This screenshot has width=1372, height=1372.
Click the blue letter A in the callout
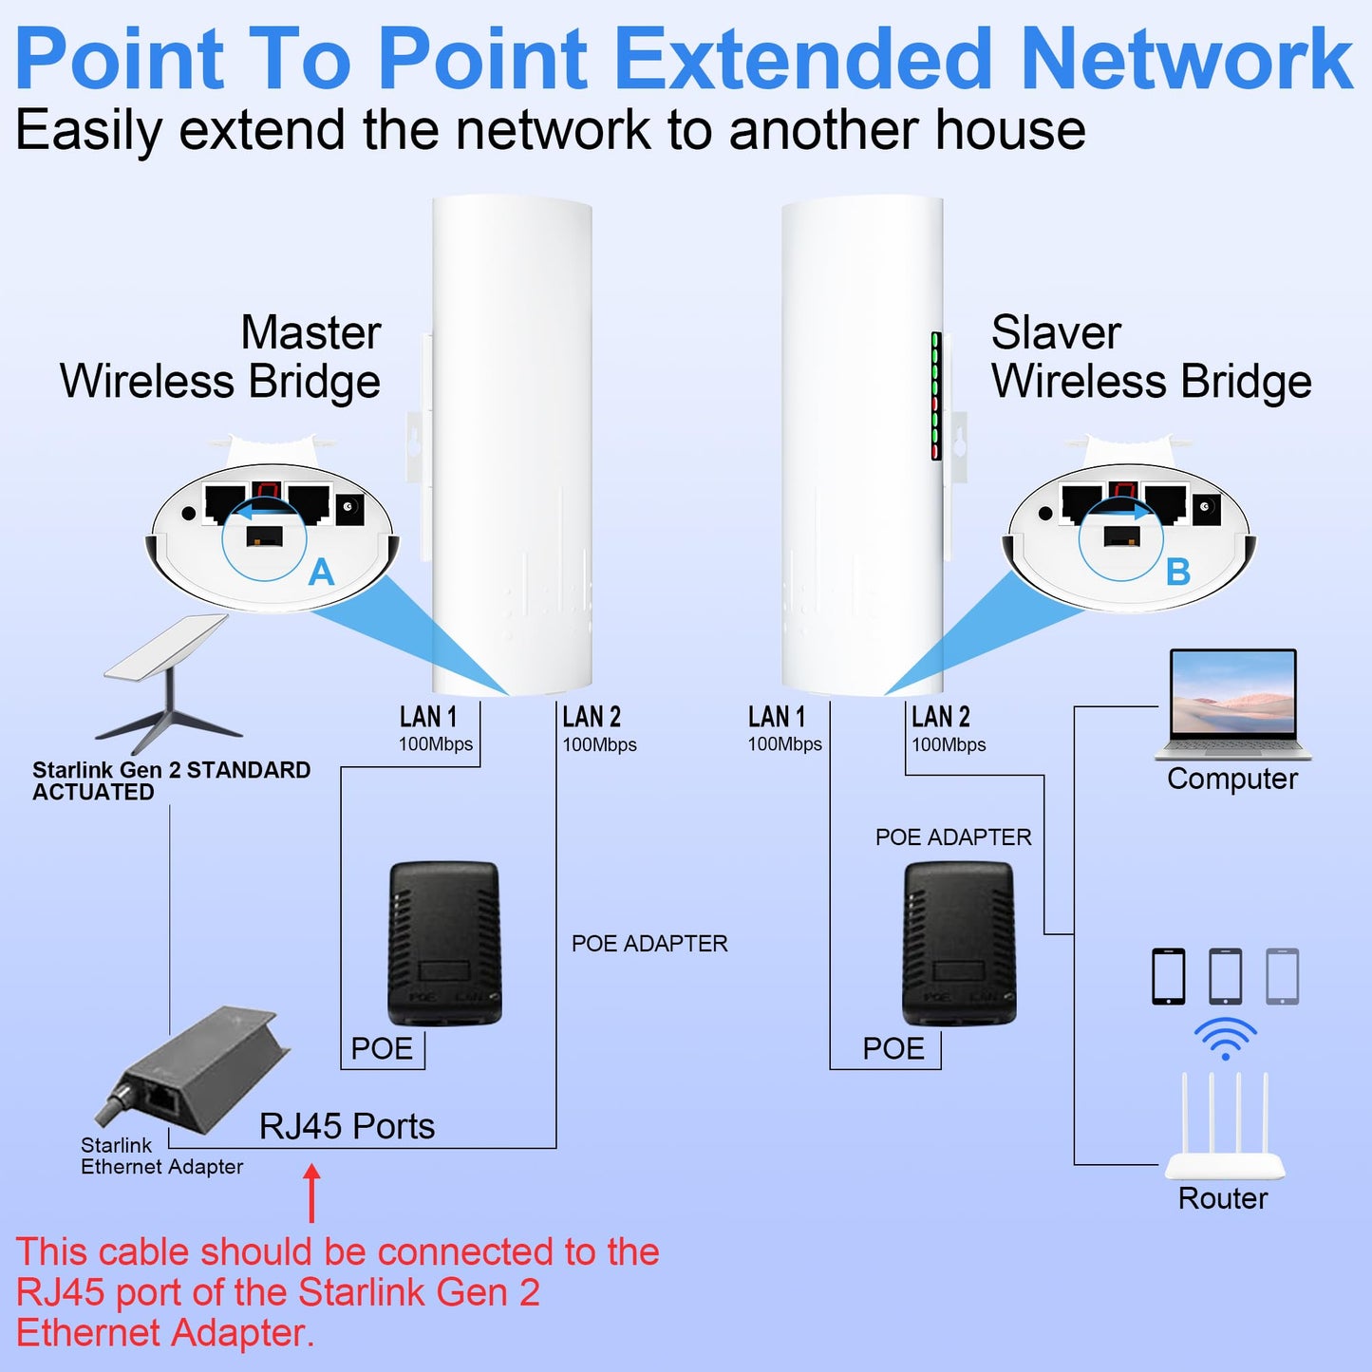[x=322, y=573]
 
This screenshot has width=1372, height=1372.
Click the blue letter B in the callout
[x=1178, y=573]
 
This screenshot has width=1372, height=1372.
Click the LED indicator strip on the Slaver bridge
[x=936, y=397]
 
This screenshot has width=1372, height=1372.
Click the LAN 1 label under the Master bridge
[x=428, y=717]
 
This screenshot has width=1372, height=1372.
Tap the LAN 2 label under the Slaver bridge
[x=941, y=717]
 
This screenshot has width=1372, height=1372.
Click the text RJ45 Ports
[x=347, y=1127]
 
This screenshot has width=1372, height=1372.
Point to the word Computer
[x=1231, y=779]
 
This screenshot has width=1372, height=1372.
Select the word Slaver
[x=1056, y=333]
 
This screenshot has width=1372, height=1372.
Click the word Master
[x=310, y=333]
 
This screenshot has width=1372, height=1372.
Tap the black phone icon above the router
[x=1169, y=976]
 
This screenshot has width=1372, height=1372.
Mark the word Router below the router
[x=1223, y=1198]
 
